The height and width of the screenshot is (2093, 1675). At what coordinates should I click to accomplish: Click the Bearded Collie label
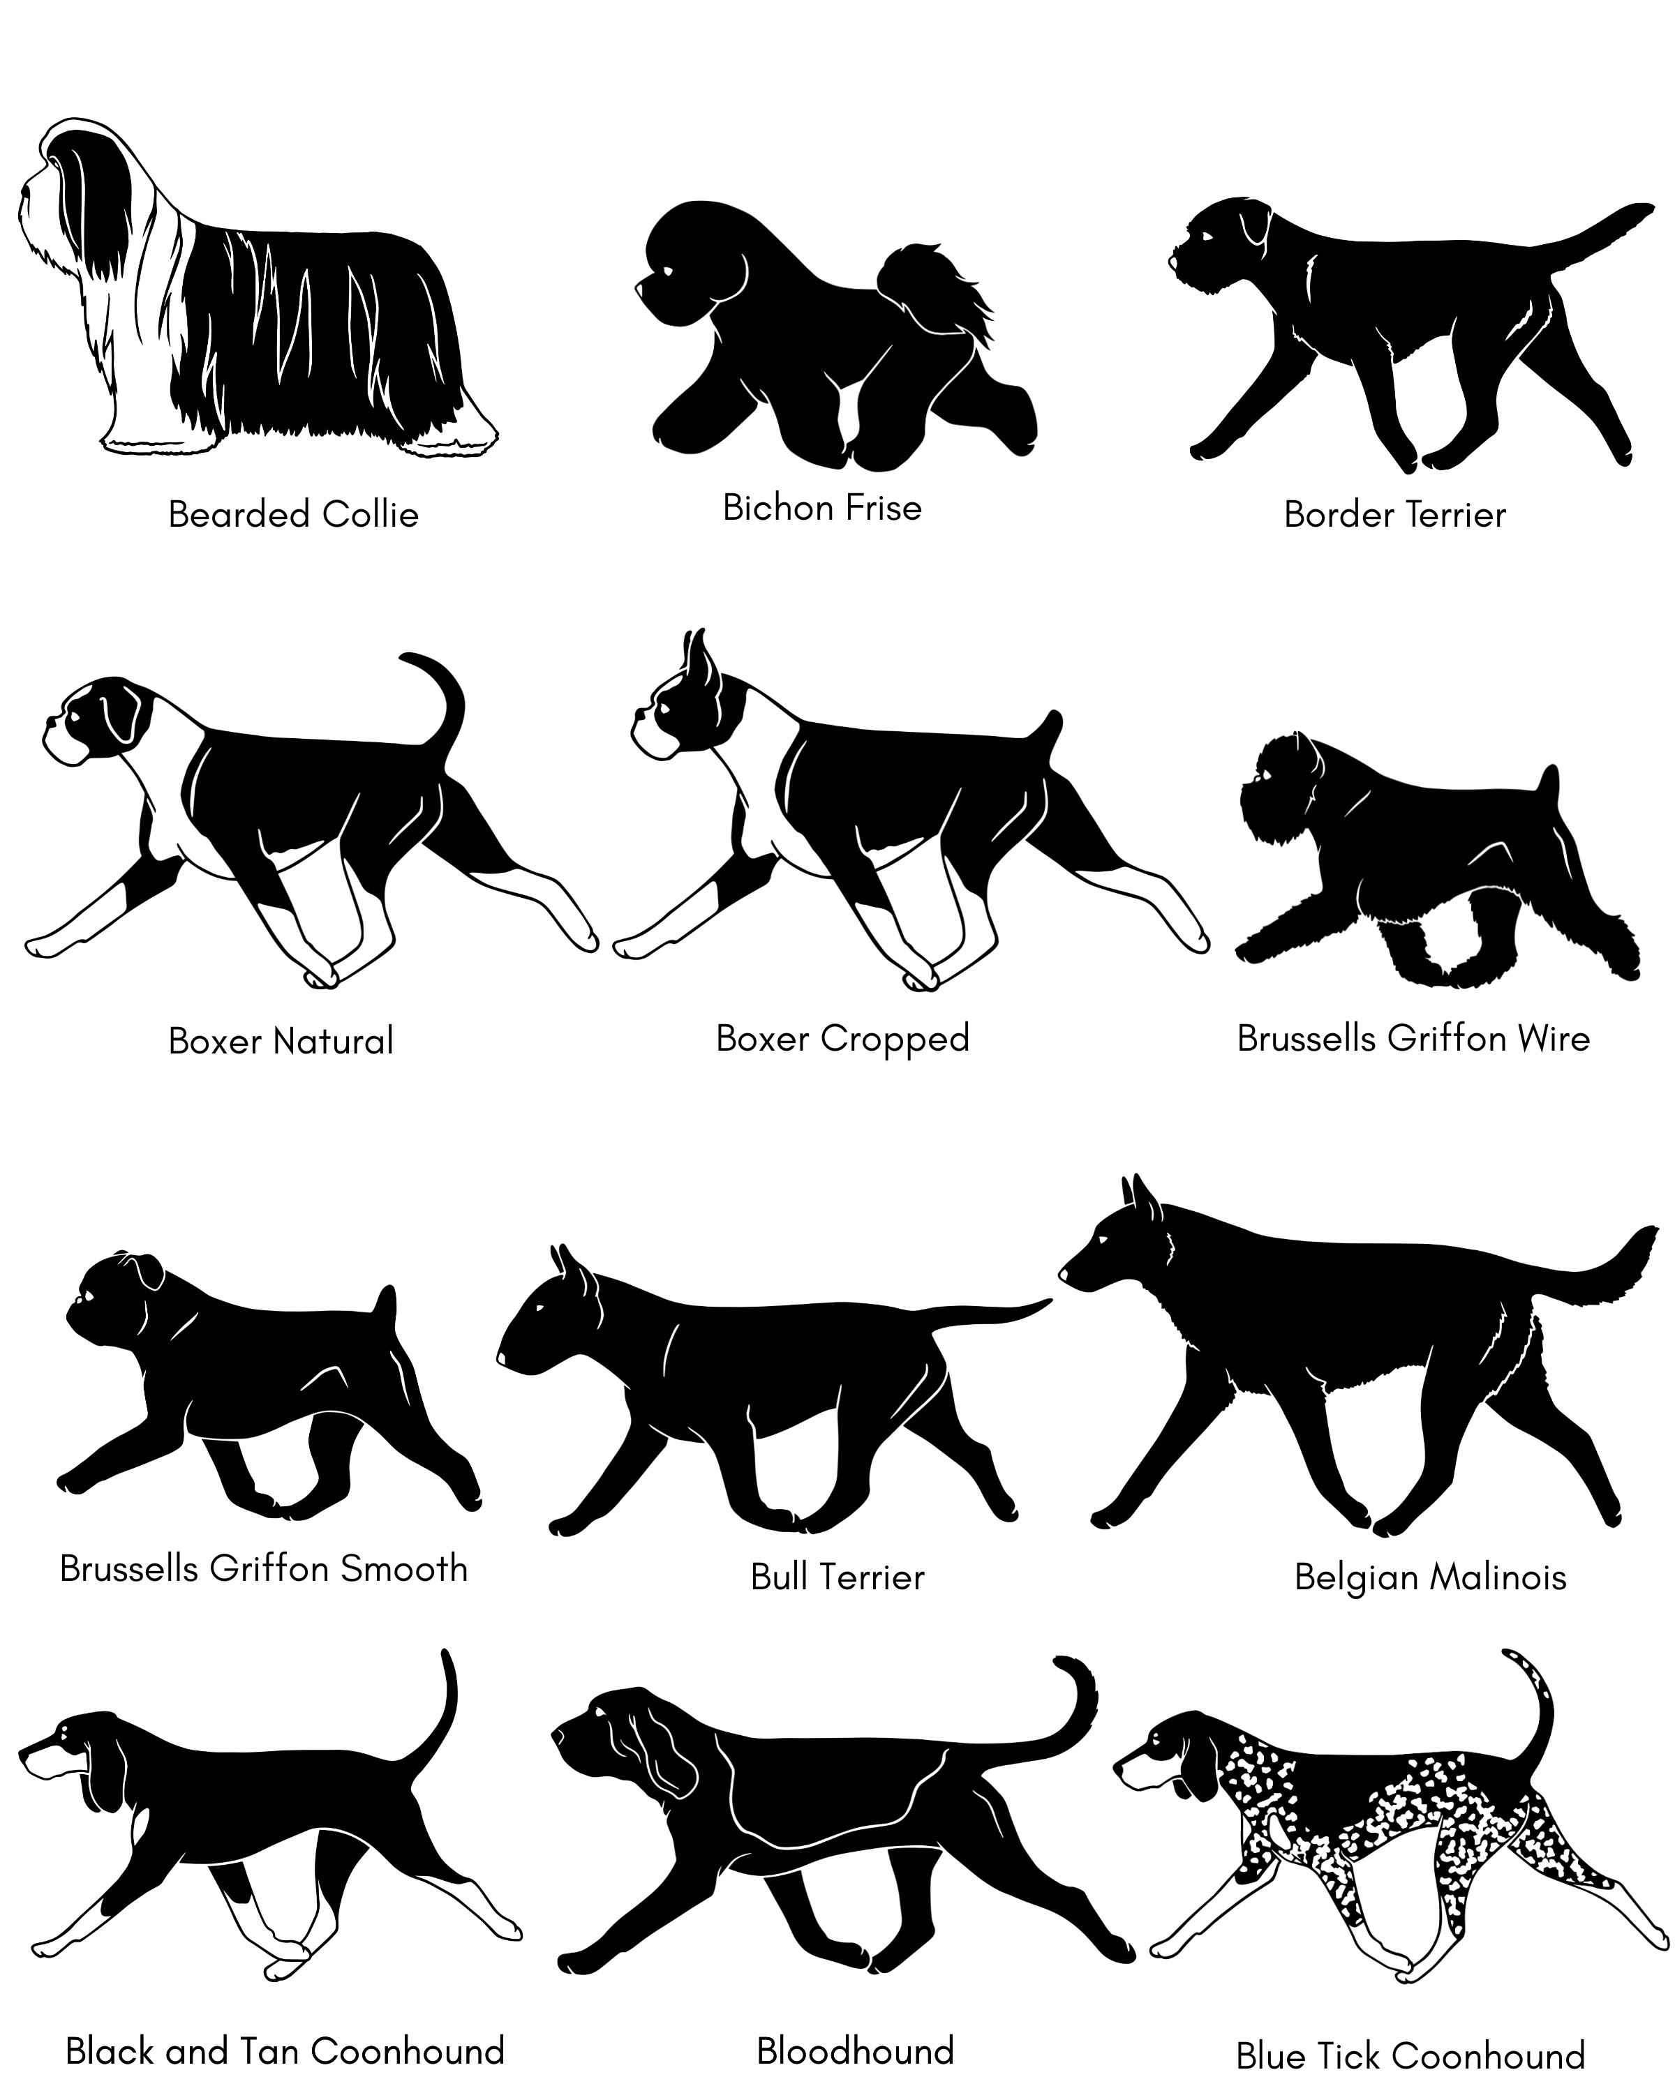pos(293,514)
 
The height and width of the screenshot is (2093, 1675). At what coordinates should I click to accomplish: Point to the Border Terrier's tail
pos(1593,238)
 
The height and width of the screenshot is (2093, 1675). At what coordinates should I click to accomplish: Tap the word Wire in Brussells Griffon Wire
pos(1554,1039)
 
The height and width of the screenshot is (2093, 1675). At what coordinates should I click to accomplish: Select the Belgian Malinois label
pos(1430,1577)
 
